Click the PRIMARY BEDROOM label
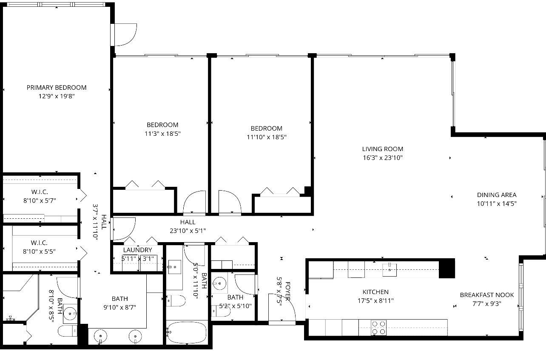point(57,87)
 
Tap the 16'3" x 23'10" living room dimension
point(382,158)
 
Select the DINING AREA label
point(497,195)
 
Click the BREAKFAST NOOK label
point(486,295)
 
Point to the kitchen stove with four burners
point(378,328)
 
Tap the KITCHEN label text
point(375,292)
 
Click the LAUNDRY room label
point(137,250)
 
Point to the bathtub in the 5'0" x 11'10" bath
point(187,332)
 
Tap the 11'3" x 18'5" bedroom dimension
point(162,134)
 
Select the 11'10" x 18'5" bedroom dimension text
point(266,137)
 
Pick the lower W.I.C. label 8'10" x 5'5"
point(39,247)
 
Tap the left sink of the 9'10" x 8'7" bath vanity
point(101,336)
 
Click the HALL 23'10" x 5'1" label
point(188,226)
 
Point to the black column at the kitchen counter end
point(446,268)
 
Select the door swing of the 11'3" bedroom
point(194,202)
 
